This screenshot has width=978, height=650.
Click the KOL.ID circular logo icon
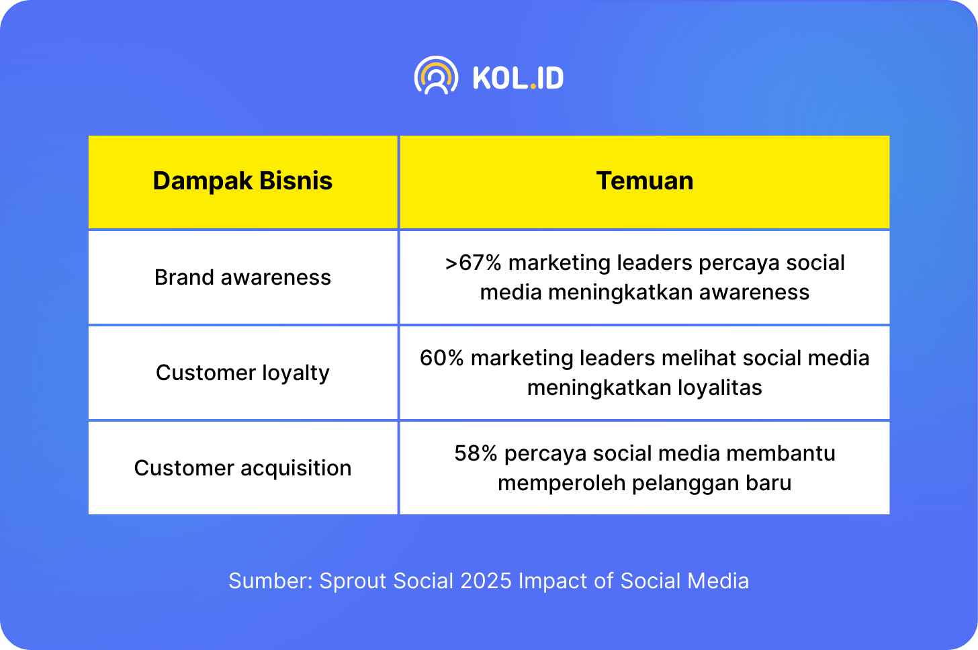(x=436, y=75)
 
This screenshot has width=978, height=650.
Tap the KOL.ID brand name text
(x=519, y=78)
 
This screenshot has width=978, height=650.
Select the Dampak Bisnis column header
(x=242, y=181)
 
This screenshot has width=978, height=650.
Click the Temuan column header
(x=644, y=181)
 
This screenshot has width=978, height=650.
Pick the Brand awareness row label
(x=242, y=277)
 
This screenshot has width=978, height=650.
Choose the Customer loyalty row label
(x=242, y=373)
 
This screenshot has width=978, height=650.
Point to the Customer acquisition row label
(x=242, y=469)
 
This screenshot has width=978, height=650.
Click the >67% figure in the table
(x=473, y=263)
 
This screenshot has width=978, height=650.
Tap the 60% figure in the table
(x=441, y=358)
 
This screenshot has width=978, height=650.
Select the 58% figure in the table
(x=476, y=453)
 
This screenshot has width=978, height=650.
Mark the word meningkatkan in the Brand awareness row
(x=619, y=293)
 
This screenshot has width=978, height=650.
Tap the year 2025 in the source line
(x=486, y=581)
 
